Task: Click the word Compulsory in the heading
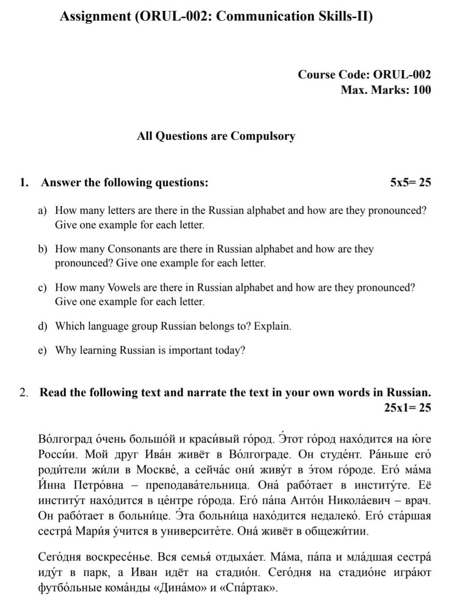pos(263,136)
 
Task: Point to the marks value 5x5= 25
pos(410,183)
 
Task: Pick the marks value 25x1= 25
pos(407,408)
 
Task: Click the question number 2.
pos(23,393)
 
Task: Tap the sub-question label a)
pos(42,211)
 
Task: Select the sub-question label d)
pos(42,326)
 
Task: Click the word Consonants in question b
pos(134,249)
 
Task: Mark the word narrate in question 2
pos(206,393)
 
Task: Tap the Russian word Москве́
pos(157,470)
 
